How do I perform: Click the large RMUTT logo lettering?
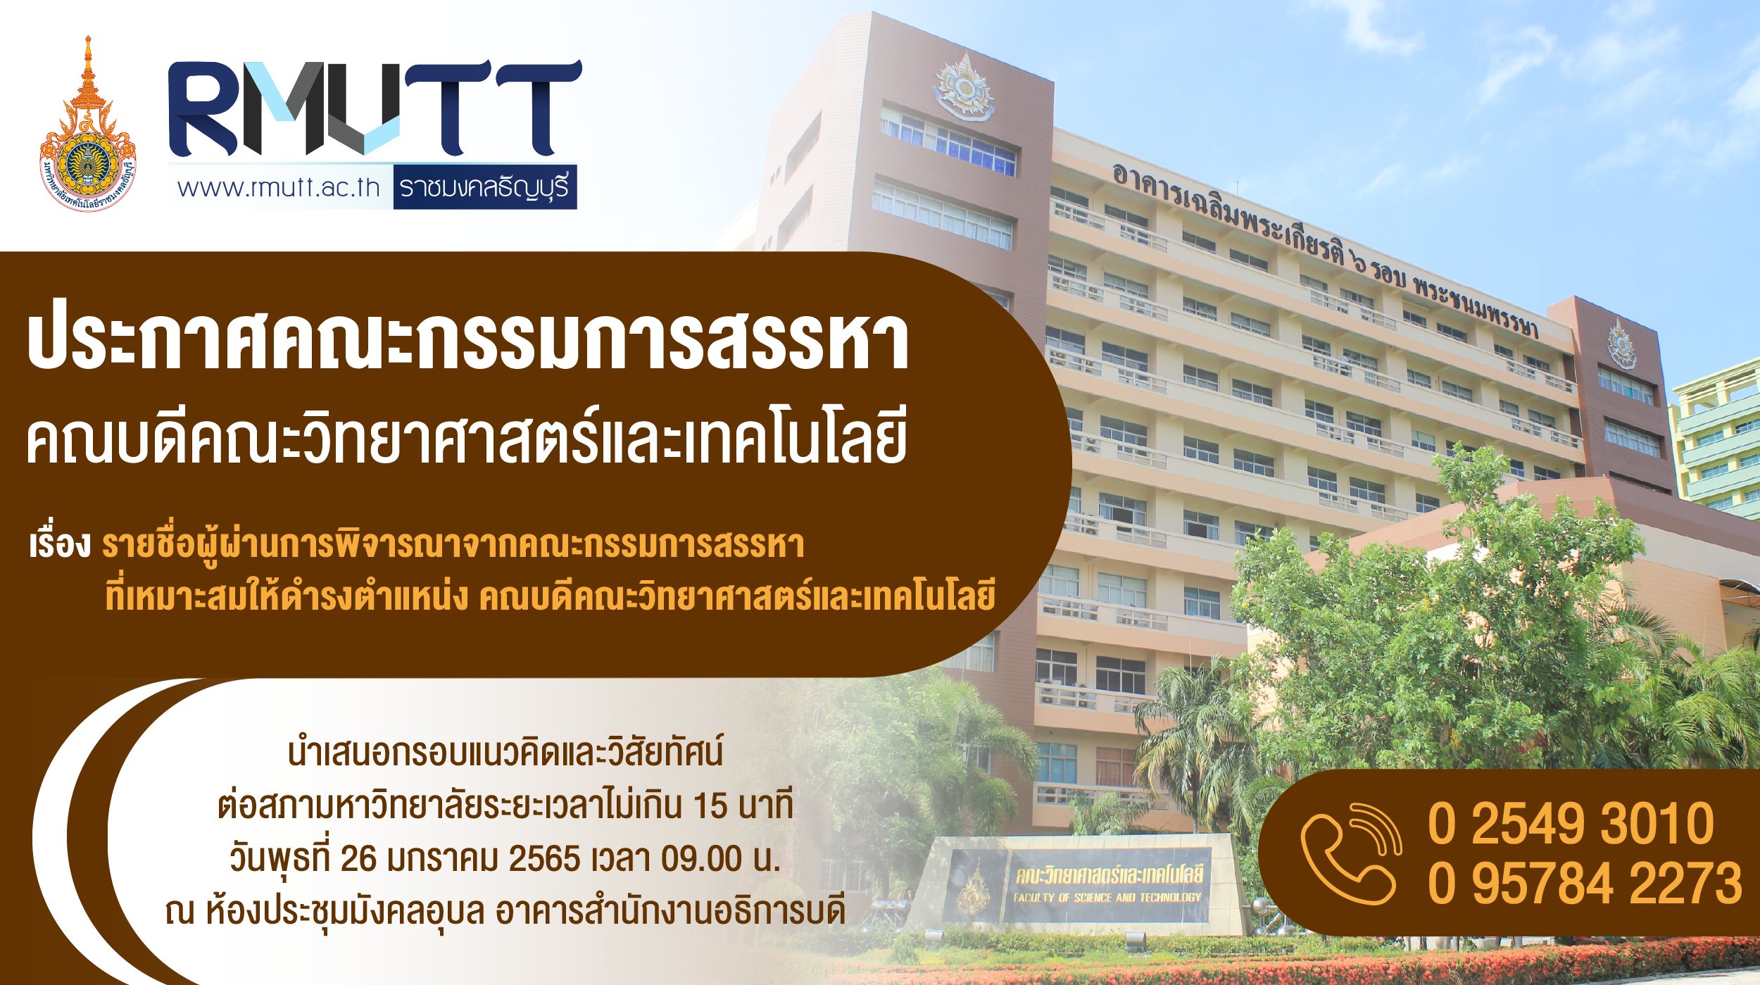[x=375, y=108]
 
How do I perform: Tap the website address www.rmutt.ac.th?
[x=279, y=188]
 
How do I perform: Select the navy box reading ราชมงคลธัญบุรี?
[x=484, y=187]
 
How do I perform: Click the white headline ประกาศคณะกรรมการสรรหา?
[x=468, y=341]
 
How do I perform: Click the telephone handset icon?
[x=1351, y=853]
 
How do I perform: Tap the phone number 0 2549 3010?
[x=1571, y=823]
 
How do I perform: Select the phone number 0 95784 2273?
[x=1585, y=884]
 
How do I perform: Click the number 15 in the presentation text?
[x=710, y=806]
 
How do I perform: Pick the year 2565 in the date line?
[x=545, y=859]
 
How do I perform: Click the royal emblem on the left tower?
[x=964, y=87]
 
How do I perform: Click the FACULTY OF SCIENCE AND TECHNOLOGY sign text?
[x=1107, y=898]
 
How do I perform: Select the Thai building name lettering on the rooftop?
[x=1325, y=251]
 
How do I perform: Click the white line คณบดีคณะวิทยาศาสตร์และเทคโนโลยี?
[x=467, y=437]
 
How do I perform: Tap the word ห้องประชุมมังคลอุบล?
[x=346, y=912]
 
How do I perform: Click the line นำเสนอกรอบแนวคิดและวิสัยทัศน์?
[x=505, y=752]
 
